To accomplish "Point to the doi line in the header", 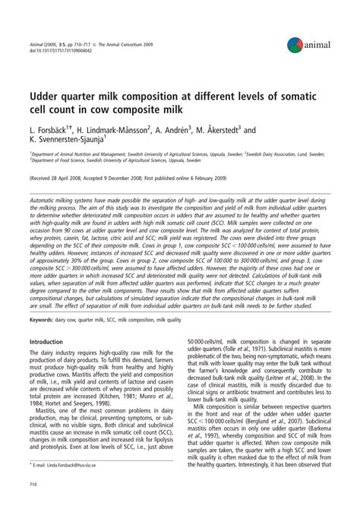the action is pyautogui.click(x=62, y=50).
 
